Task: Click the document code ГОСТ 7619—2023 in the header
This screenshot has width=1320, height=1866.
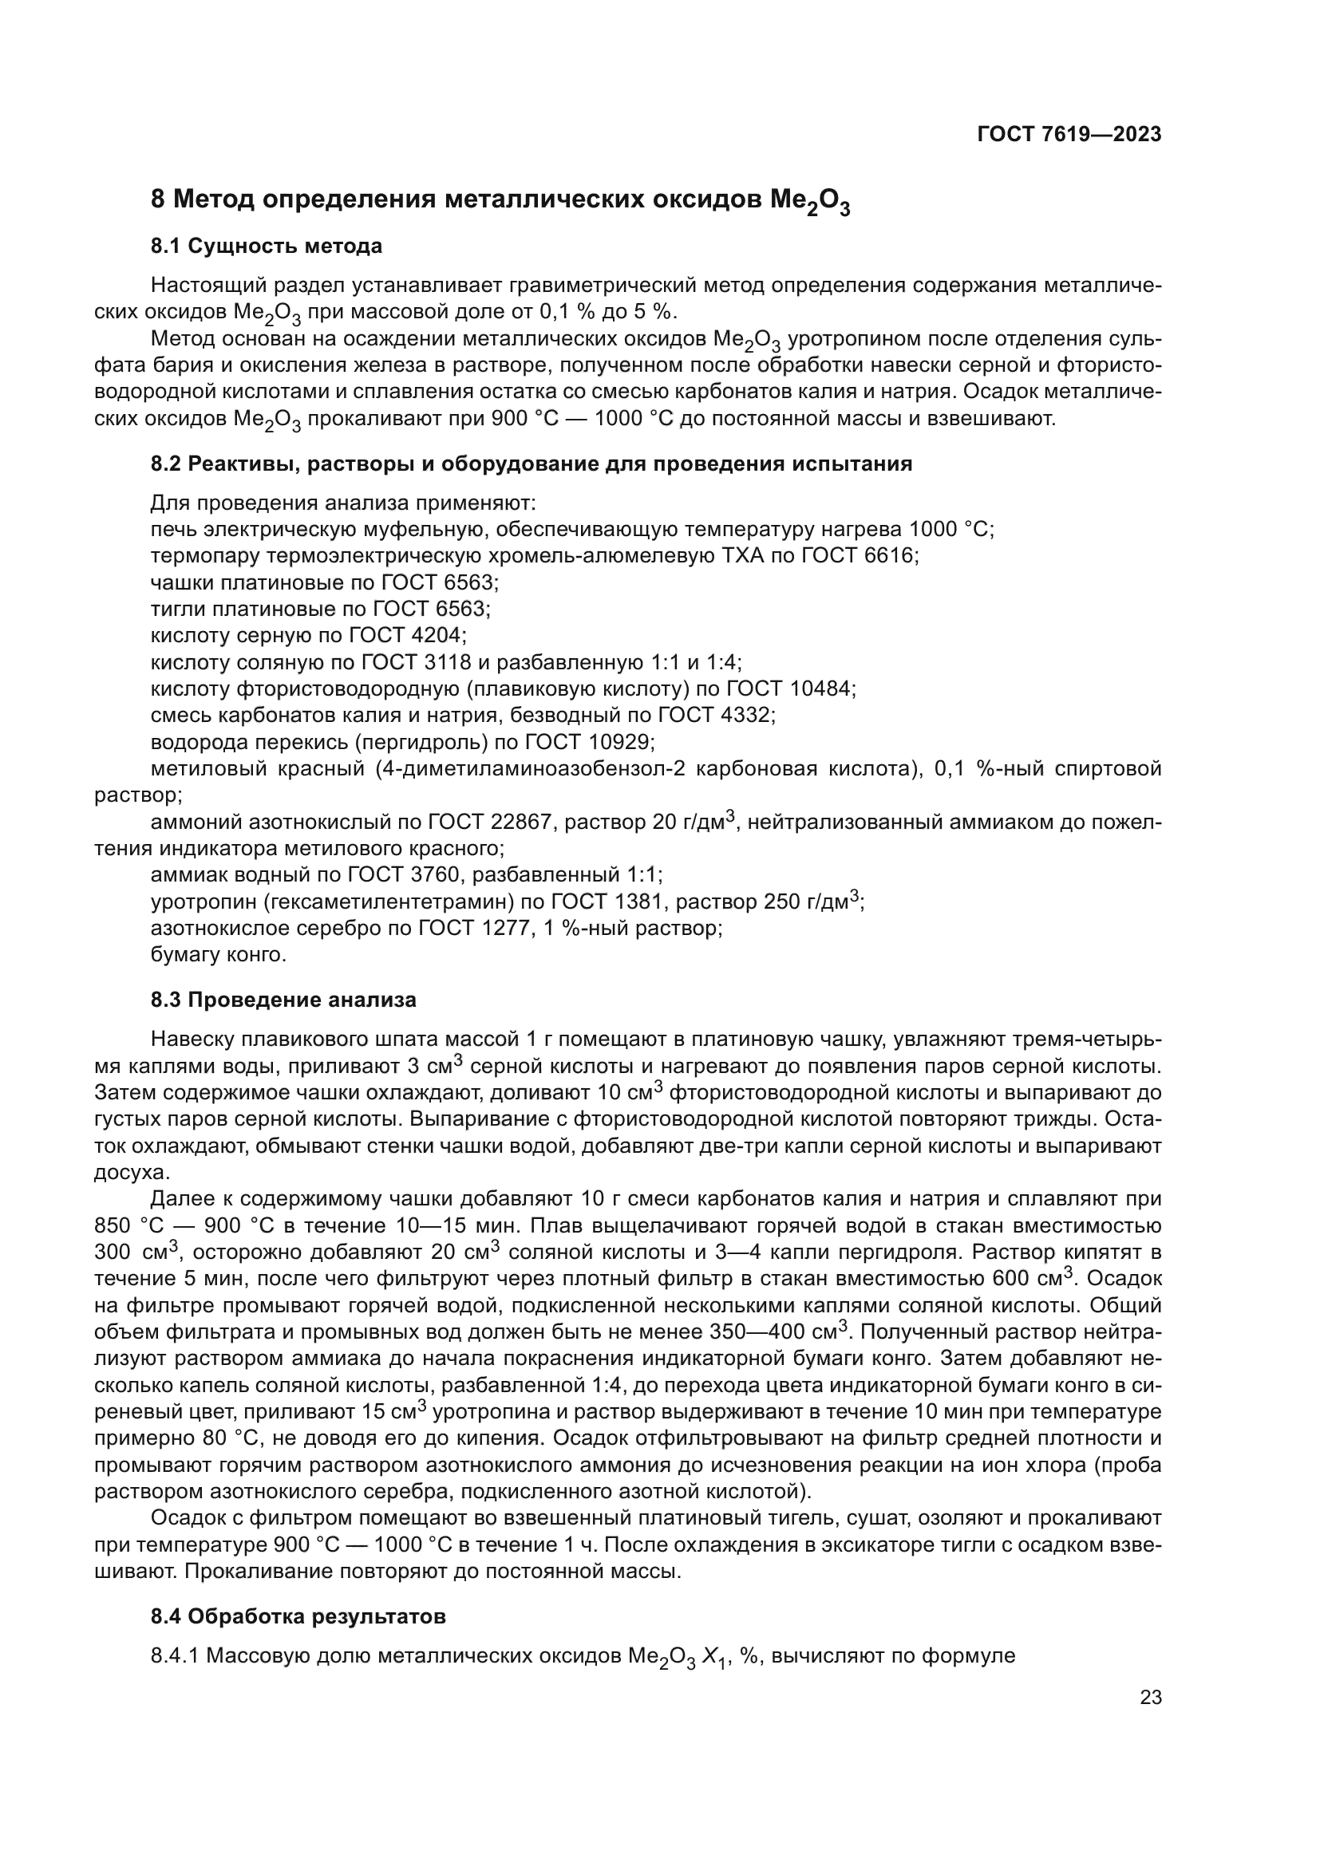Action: point(1069,135)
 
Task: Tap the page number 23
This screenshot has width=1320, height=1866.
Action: point(1151,1698)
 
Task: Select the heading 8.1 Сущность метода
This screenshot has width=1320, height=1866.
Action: point(266,246)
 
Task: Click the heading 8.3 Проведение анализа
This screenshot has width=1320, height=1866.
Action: point(283,1000)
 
